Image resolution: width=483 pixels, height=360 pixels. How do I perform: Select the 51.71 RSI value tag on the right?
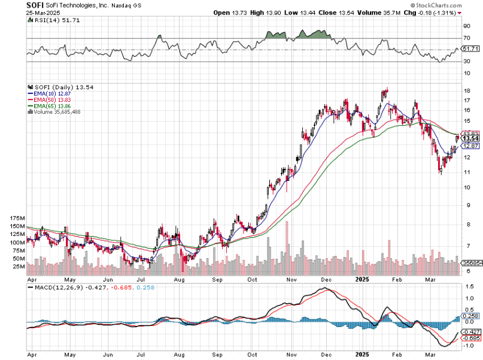pos(470,48)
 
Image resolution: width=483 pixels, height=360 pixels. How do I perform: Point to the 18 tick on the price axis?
pos(466,91)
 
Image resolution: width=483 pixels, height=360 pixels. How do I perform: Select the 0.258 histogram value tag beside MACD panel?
pos(471,316)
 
